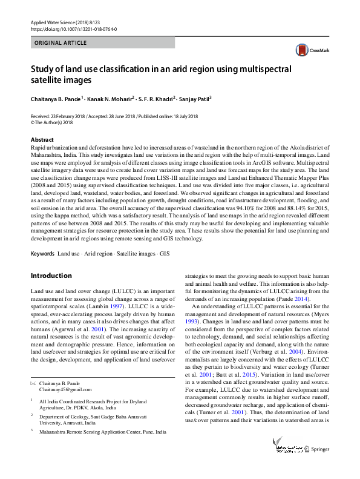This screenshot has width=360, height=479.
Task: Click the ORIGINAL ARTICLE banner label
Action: [61, 43]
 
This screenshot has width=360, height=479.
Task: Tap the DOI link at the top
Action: [73, 29]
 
